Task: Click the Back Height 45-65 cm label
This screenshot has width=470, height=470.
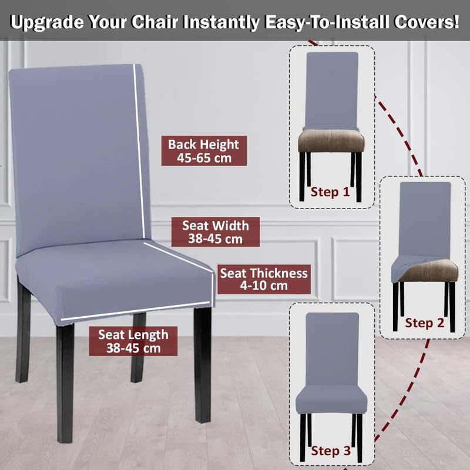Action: click(204, 151)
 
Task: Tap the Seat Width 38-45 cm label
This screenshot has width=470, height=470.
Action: click(216, 232)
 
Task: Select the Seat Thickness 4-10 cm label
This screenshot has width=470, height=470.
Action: click(264, 279)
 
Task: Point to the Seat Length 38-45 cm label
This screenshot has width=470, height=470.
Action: click(133, 341)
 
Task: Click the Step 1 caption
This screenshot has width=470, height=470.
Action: click(330, 192)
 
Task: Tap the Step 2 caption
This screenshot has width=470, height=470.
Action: click(424, 323)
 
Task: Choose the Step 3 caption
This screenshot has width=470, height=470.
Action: click(331, 451)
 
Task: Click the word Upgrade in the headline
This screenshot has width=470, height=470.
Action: click(47, 22)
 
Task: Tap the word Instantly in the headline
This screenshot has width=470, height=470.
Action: click(221, 22)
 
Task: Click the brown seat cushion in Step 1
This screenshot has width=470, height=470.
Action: click(331, 140)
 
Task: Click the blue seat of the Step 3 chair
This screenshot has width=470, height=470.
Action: click(331, 399)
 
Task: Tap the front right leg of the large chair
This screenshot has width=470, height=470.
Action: click(203, 365)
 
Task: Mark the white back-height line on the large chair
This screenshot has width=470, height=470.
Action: click(139, 150)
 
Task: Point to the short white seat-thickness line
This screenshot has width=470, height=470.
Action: click(213, 290)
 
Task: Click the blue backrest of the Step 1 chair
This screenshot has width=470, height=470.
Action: click(332, 90)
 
